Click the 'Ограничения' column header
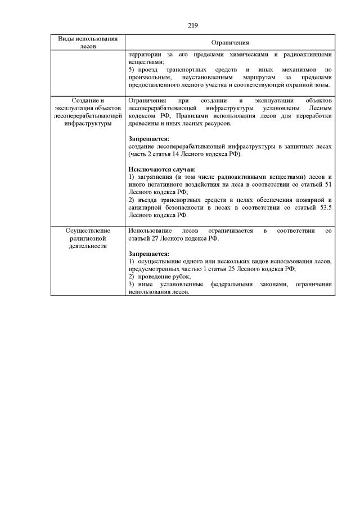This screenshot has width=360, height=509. pyautogui.click(x=230, y=43)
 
